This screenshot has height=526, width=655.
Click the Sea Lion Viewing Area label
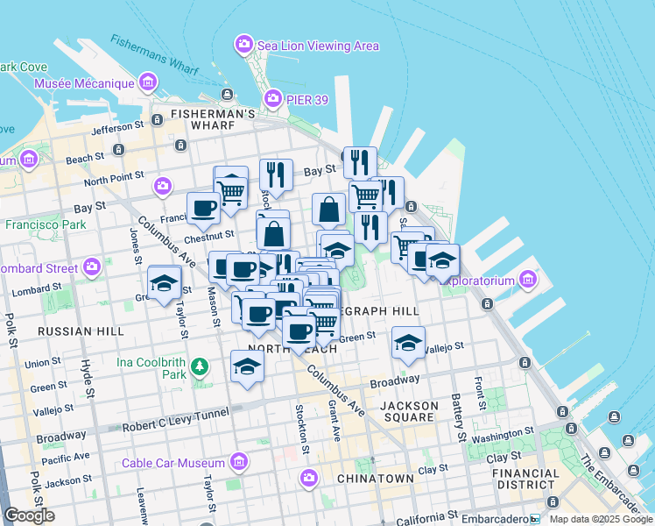318,46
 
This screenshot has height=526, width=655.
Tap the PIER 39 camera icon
272,100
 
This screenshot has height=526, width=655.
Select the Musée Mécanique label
83,84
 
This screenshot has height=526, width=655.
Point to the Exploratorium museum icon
527,281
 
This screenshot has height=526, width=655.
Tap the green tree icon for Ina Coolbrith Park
201,366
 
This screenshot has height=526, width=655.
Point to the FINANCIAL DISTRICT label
525,479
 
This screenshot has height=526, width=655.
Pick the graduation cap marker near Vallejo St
408,343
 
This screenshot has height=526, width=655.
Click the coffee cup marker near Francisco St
204,209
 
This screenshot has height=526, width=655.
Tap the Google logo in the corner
29,515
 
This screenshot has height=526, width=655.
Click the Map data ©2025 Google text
601,519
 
